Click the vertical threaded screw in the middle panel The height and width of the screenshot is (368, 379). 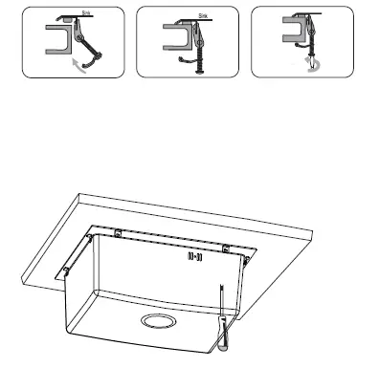[x=199, y=53]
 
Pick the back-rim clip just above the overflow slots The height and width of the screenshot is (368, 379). [x=225, y=249]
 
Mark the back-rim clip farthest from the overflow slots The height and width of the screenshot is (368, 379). [x=117, y=232]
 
